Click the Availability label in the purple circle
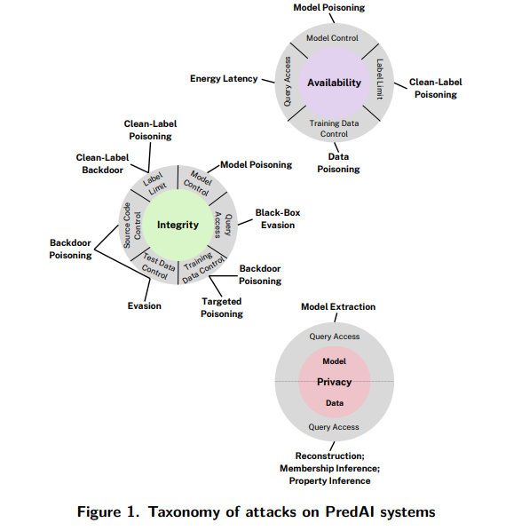334,83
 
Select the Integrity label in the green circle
178,225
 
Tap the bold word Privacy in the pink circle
334,382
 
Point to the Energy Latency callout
224,78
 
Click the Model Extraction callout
337,307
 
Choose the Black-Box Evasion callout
275,218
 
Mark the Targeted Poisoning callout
221,307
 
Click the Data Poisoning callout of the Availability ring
338,162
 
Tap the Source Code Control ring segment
131,224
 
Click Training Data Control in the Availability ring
334,129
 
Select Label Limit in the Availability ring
379,80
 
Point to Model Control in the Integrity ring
197,178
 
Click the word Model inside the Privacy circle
334,361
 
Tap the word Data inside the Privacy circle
334,402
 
